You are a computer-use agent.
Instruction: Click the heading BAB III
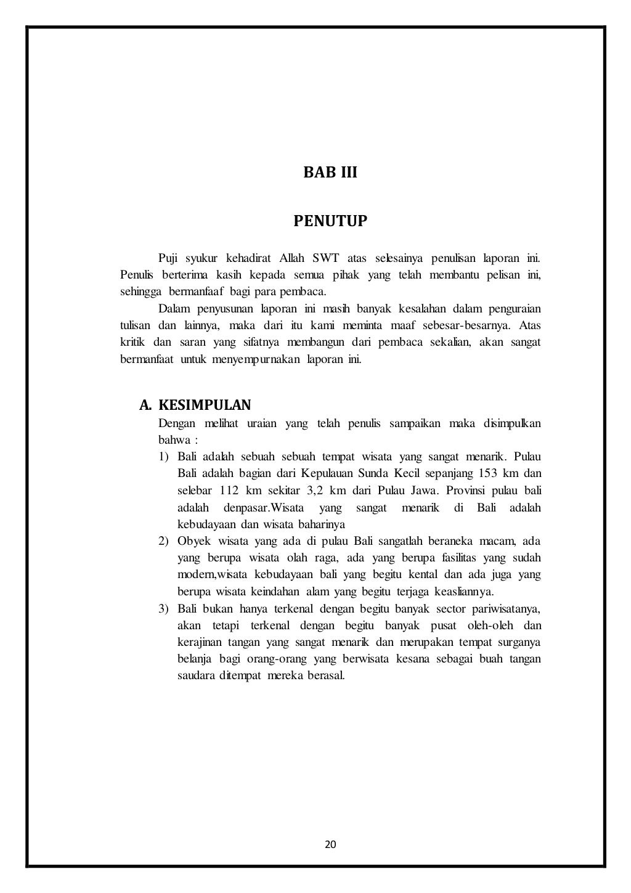[x=330, y=173]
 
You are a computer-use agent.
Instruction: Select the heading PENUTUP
[x=330, y=221]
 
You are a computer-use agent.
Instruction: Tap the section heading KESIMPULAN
[x=205, y=405]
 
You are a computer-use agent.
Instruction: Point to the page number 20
[x=330, y=844]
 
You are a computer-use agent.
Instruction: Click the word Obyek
[x=192, y=542]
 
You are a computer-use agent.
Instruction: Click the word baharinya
[x=320, y=524]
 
